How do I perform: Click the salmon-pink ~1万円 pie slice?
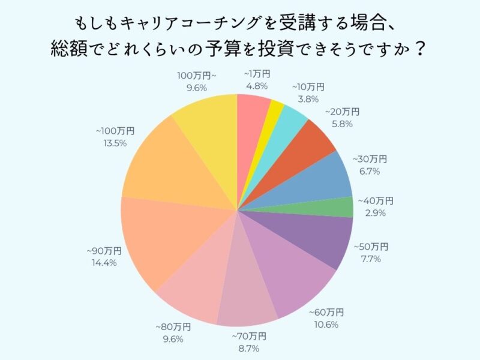[x=252, y=120]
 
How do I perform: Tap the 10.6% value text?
[x=326, y=325]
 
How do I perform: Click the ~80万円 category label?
[x=173, y=326]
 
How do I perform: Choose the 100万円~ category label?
[x=192, y=75]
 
